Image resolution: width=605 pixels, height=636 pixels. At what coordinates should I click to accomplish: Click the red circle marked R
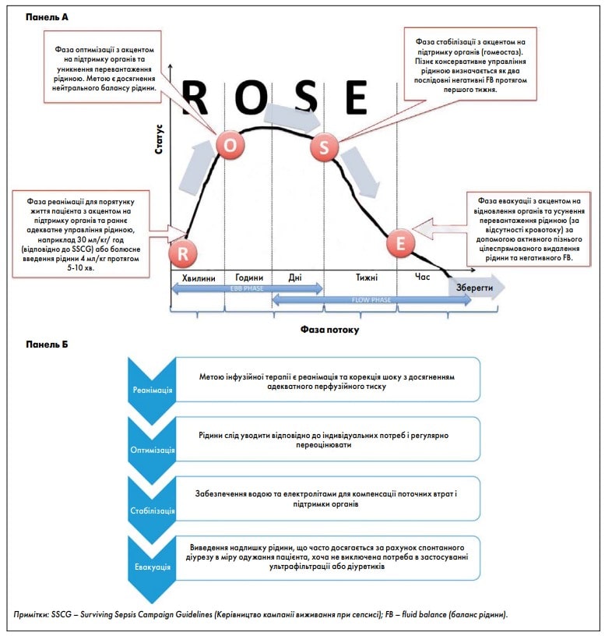(183, 253)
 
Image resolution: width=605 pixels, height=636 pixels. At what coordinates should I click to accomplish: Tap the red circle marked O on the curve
(230, 145)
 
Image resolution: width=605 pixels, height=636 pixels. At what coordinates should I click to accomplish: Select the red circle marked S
(324, 147)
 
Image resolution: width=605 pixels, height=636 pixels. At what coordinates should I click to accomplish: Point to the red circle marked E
(400, 243)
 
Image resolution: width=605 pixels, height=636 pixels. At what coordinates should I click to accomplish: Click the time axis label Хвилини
(199, 278)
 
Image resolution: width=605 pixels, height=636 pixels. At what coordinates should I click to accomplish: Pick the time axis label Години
(249, 277)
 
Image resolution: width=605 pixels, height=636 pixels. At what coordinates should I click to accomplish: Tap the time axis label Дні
(295, 277)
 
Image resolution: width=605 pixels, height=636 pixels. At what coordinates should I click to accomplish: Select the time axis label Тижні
(367, 277)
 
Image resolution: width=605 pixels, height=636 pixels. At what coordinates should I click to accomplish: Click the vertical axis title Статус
(159, 139)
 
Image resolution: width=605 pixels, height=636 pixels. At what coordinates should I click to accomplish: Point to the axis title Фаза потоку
(329, 330)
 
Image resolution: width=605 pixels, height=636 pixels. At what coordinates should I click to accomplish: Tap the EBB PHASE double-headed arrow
(247, 288)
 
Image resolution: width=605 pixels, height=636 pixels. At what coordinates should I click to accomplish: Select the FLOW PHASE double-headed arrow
(371, 300)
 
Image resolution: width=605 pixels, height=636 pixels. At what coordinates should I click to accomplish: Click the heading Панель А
(47, 17)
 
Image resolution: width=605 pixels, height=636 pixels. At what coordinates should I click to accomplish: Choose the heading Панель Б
(47, 344)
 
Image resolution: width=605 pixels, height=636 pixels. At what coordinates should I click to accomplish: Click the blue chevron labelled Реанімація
(152, 390)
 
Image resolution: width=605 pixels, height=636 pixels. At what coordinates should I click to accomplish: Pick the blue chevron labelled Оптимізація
(152, 450)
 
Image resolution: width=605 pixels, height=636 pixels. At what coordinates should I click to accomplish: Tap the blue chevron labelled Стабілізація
(152, 510)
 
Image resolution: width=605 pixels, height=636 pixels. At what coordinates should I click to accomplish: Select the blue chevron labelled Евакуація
(152, 568)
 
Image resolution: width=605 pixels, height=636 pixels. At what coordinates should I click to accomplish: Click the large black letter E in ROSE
(357, 97)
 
